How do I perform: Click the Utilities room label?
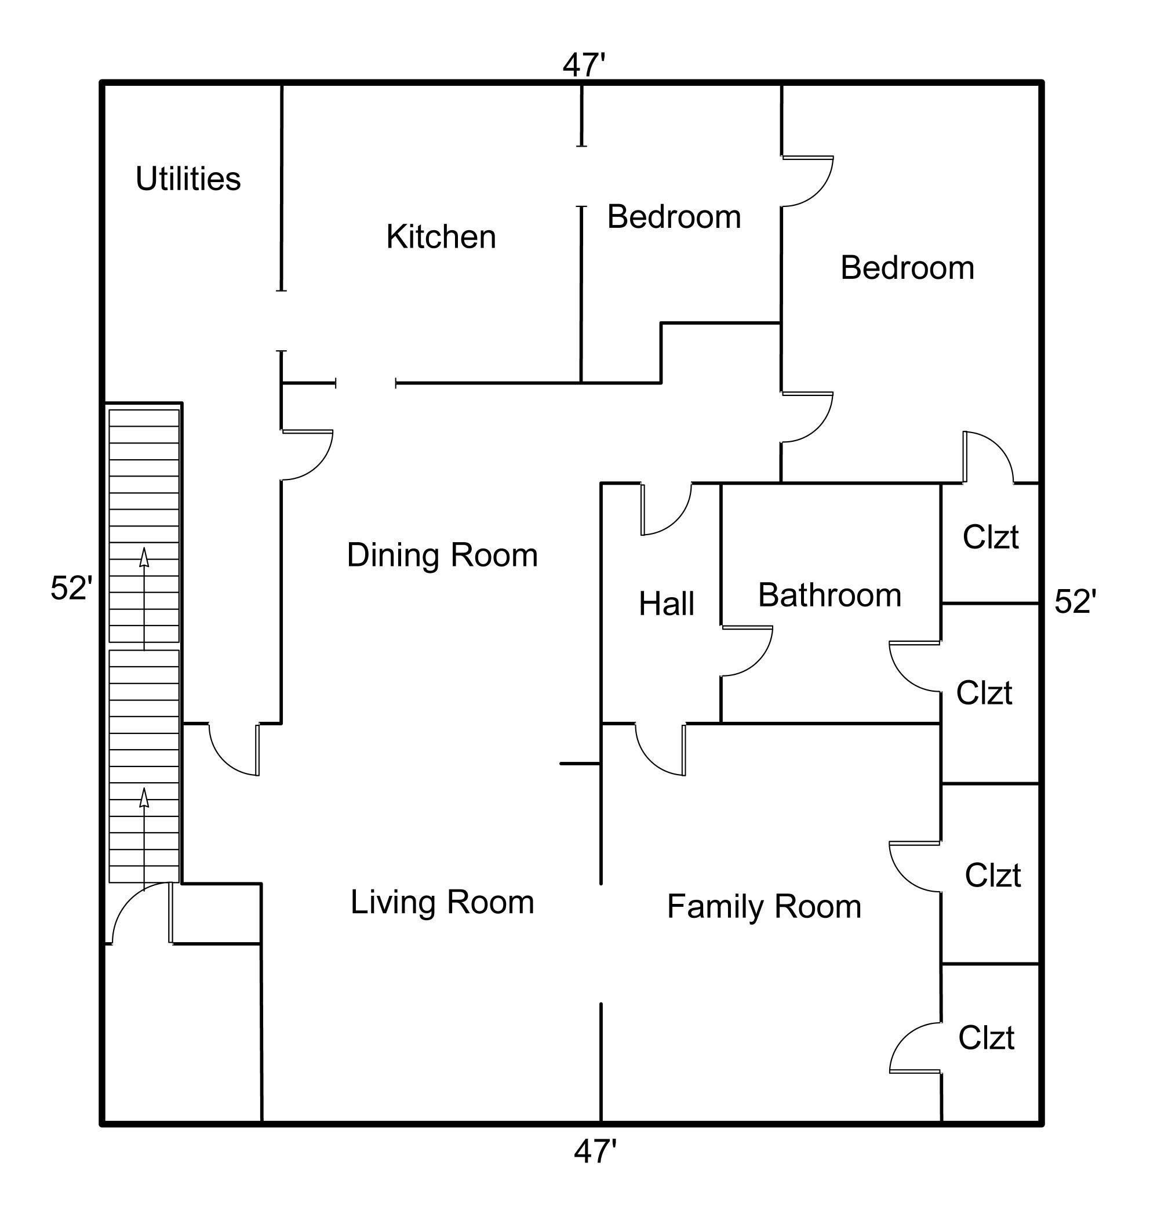point(188,179)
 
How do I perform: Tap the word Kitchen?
point(441,237)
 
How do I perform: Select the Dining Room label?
point(442,555)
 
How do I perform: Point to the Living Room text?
point(442,902)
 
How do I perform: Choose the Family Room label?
point(764,906)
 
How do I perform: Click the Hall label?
point(667,604)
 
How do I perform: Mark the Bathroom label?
point(829,595)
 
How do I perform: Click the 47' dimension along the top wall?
point(584,65)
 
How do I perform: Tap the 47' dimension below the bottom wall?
point(595,1151)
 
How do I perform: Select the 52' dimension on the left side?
point(71,589)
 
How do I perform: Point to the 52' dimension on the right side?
point(1075,601)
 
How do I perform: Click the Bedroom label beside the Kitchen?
point(674,216)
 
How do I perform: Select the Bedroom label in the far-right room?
point(907,267)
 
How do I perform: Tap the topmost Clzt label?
point(990,537)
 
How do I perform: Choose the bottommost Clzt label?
point(986,1037)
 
